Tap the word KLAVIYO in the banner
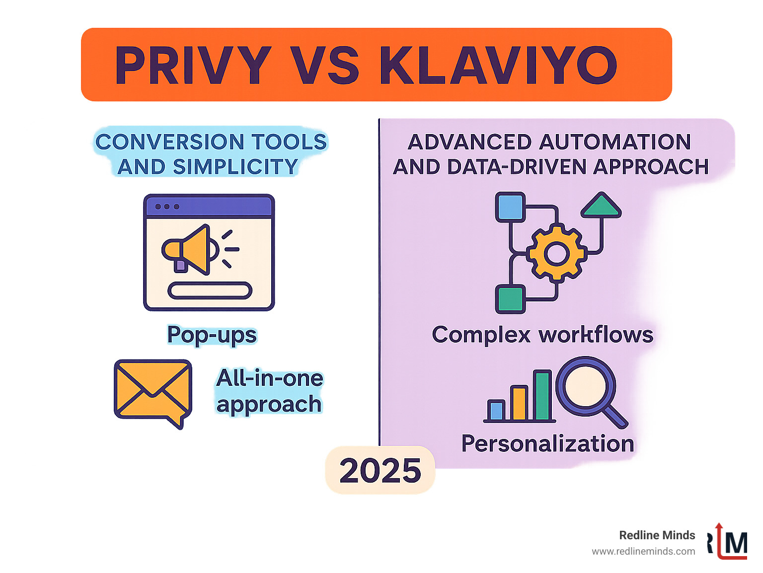tap(498, 66)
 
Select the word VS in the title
tap(324, 66)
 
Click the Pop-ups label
tap(212, 335)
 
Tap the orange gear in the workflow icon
tap(556, 254)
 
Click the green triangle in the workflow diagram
tap(601, 206)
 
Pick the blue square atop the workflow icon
tap(510, 207)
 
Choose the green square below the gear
tap(510, 299)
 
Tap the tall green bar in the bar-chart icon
tap(543, 396)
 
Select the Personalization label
tap(547, 443)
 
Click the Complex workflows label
tap(542, 335)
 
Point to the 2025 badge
tap(380, 470)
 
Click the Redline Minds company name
tap(657, 535)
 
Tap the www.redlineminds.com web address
tap(643, 551)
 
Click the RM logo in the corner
tap(728, 542)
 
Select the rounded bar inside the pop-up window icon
tap(210, 290)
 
